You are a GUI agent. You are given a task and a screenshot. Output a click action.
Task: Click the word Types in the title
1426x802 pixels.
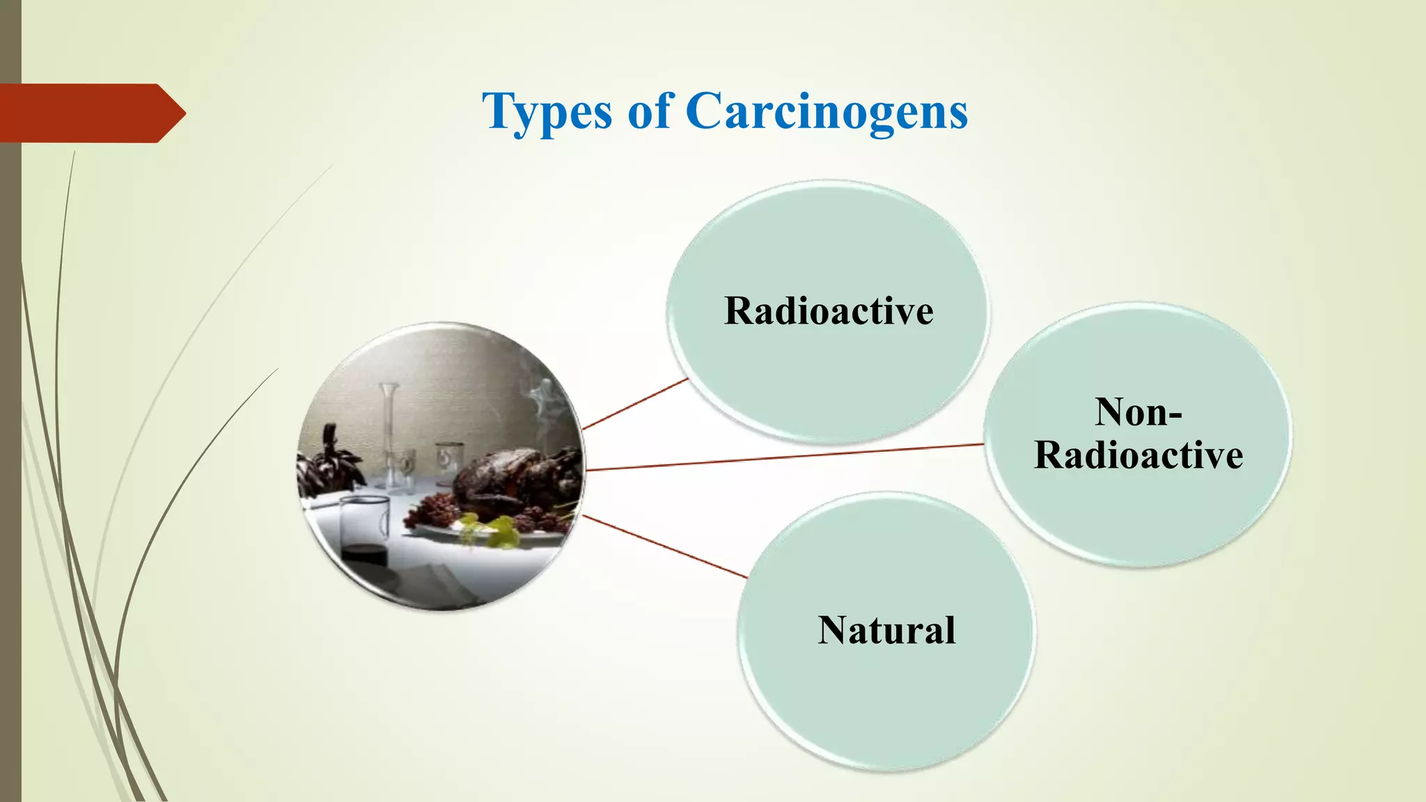(x=547, y=111)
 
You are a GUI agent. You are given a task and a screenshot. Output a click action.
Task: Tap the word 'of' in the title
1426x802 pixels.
(x=650, y=111)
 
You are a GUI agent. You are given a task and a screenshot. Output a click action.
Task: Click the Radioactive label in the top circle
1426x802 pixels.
(x=828, y=310)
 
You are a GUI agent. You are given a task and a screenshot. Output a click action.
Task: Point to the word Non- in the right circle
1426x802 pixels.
(x=1138, y=412)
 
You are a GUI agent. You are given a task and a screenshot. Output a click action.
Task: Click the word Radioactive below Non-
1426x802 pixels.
(x=1138, y=455)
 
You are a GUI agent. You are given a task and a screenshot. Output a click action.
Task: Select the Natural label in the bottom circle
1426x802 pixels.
(x=886, y=630)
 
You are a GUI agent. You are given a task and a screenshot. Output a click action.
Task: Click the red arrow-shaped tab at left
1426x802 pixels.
(x=91, y=113)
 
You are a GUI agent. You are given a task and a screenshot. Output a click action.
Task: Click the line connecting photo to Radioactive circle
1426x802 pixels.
(x=635, y=404)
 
